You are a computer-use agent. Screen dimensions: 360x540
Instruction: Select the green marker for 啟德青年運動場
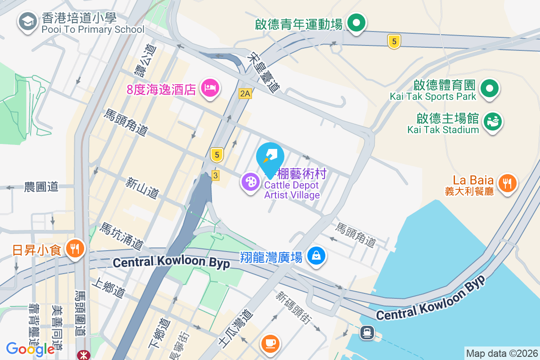coord(357,22)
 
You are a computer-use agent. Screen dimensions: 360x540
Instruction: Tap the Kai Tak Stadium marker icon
coord(493,121)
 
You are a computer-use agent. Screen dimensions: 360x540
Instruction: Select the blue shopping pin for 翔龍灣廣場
coord(316,256)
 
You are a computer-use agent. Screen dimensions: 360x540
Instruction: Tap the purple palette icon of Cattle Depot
coord(249,182)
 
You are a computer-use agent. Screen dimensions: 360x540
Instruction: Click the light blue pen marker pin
coord(270,156)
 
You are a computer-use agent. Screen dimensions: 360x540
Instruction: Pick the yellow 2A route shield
coord(245,94)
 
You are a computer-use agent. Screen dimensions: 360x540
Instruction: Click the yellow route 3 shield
coord(215,175)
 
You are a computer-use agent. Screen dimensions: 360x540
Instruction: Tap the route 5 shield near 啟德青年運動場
coord(394,42)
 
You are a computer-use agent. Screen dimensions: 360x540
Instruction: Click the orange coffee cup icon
coord(270,344)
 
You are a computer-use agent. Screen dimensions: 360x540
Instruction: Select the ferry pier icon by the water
coord(367,333)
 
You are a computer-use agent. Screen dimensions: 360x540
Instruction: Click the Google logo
coord(30,349)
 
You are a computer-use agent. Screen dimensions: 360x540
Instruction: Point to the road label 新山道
coord(142,189)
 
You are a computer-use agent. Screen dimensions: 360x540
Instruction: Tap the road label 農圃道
coord(41,187)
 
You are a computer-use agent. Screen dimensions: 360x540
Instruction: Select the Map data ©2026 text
coord(501,353)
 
